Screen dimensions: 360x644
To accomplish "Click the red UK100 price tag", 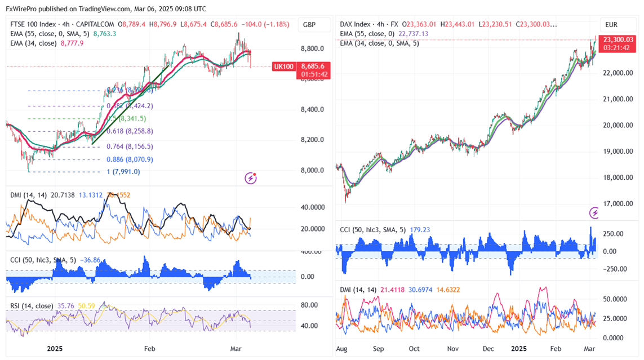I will click(x=283, y=66).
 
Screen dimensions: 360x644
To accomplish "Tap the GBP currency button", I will click(x=309, y=25).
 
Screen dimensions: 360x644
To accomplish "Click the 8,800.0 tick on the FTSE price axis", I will click(x=312, y=49).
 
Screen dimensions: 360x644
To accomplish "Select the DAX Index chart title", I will click(x=356, y=25).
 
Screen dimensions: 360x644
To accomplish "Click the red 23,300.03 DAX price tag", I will click(x=619, y=39).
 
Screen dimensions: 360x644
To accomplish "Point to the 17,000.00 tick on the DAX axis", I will click(x=618, y=204).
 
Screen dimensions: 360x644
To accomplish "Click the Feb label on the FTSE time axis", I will click(x=149, y=349).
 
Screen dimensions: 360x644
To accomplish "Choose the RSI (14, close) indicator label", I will click(x=32, y=306).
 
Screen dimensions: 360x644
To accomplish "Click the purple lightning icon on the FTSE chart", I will click(x=251, y=179).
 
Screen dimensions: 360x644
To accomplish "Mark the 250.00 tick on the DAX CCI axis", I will click(x=612, y=234).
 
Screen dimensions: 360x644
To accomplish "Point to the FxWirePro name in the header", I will click(x=21, y=9).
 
